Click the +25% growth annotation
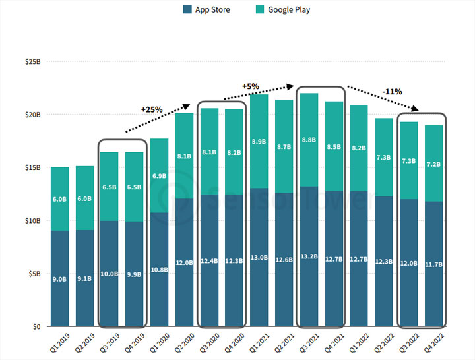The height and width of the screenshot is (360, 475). [152, 109]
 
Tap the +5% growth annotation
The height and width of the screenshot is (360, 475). [251, 86]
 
